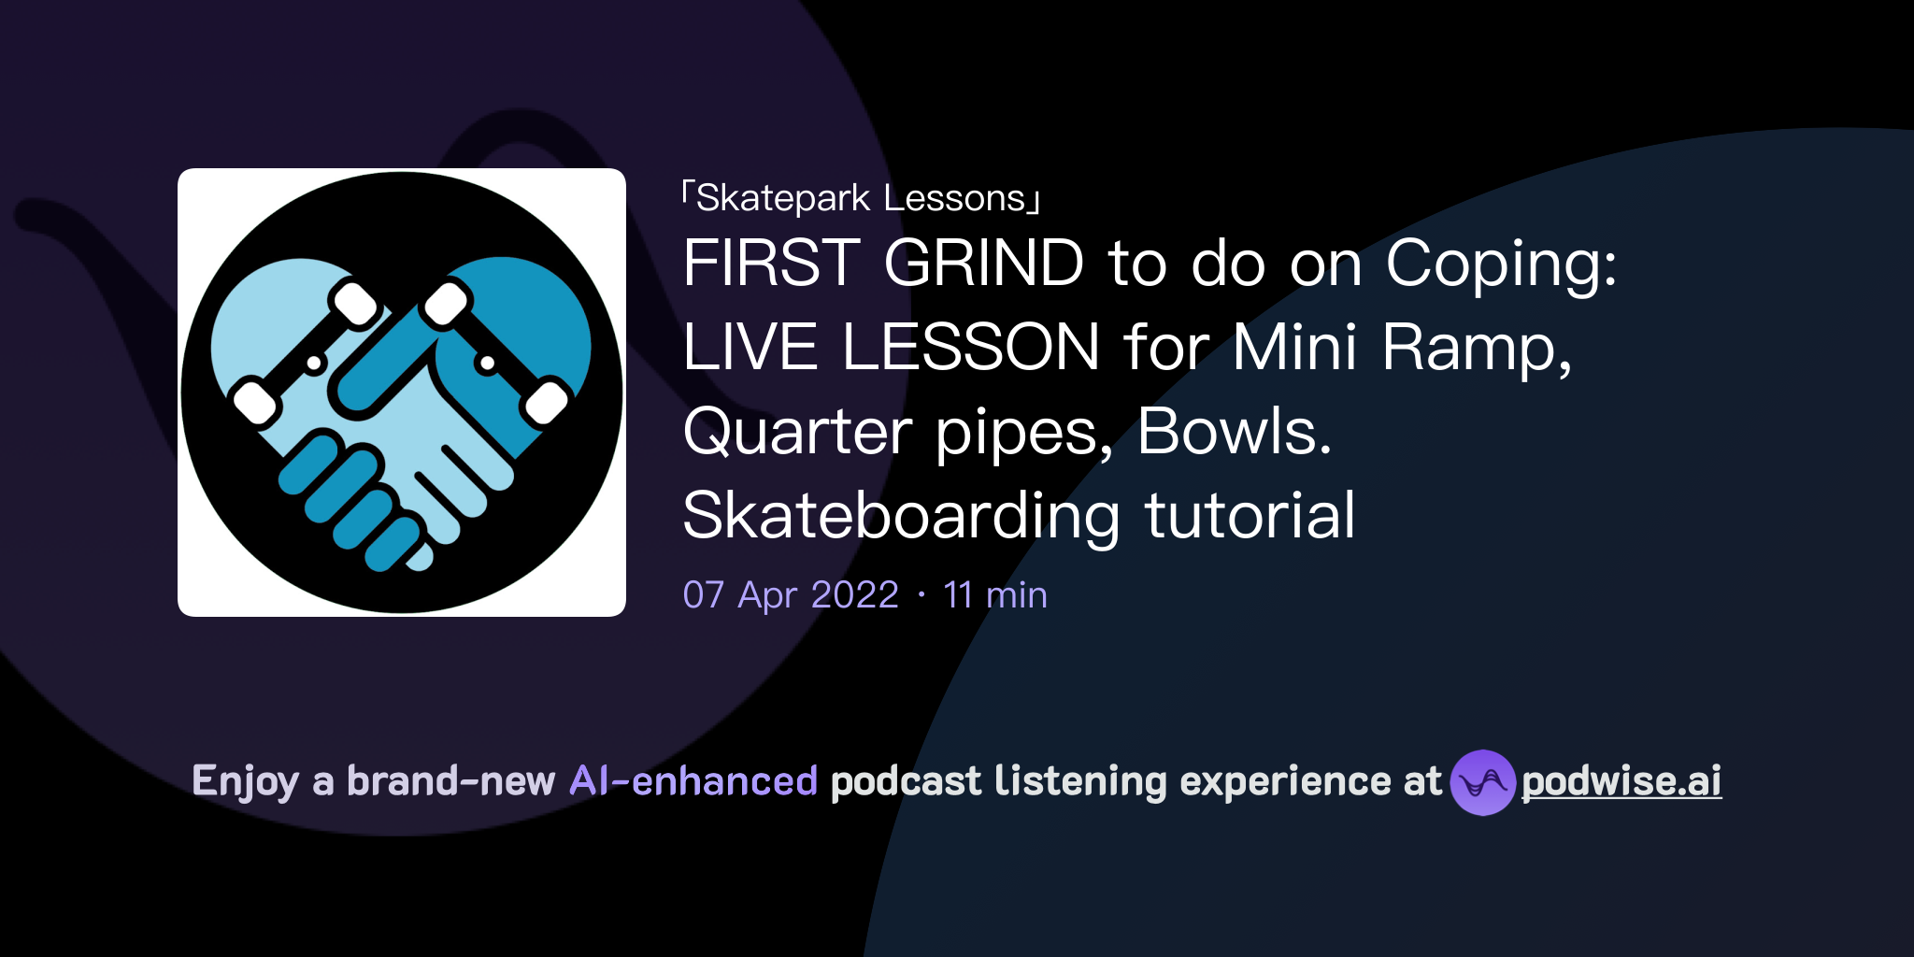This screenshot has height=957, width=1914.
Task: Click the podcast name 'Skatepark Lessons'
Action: click(861, 198)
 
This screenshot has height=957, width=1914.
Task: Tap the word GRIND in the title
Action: click(984, 263)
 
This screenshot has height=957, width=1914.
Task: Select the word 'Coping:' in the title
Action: click(1501, 264)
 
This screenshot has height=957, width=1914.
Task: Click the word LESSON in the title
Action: click(970, 347)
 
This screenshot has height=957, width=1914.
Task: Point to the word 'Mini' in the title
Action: click(1294, 347)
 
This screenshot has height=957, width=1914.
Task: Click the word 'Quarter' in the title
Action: click(797, 433)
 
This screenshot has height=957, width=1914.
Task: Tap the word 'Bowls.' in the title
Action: click(1234, 431)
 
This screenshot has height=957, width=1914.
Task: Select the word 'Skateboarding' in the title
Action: click(901, 517)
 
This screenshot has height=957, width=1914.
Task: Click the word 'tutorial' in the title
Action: click(1250, 515)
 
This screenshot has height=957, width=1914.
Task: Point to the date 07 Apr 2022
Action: click(791, 594)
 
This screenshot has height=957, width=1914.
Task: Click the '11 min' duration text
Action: click(995, 594)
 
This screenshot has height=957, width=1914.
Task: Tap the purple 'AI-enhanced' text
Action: click(693, 781)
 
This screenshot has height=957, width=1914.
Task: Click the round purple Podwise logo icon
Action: click(1483, 782)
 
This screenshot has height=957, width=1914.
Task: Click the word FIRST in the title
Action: click(772, 263)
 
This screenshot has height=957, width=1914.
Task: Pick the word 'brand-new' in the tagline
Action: click(451, 781)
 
